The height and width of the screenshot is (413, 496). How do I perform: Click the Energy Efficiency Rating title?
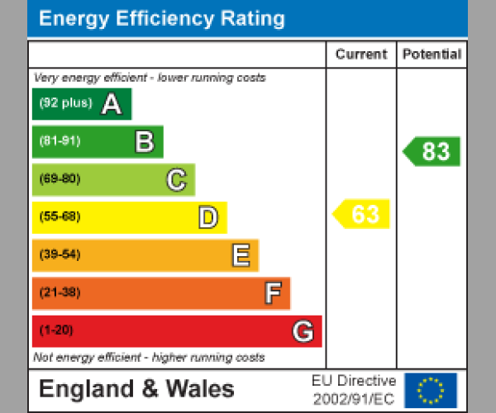pos(162,19)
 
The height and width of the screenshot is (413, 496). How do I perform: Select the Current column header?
pos(361,55)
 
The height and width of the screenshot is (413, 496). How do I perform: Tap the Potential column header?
pos(432,55)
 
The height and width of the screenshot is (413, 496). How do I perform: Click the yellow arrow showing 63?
pos(362,214)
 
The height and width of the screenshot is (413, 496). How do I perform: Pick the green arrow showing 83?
pos(432,151)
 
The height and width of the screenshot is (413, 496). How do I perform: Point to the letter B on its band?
pos(144,142)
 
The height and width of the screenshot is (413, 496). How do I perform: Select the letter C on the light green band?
pos(176,179)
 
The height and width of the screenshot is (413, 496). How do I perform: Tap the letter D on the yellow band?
pos(207,217)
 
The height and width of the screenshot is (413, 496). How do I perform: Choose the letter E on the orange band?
pos(240,255)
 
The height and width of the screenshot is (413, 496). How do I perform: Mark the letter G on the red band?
pos(303,331)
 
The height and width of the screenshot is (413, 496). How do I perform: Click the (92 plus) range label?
pos(65,104)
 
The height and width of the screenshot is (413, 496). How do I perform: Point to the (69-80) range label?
pos(60,179)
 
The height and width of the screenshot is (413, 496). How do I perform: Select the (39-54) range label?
pos(60,255)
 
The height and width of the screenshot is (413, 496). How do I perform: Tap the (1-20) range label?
pos(57,331)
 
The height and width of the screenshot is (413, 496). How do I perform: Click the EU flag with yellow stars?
pos(430,390)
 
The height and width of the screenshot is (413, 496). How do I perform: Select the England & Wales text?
pos(136,389)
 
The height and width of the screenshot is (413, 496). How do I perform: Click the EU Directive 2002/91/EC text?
pos(354,390)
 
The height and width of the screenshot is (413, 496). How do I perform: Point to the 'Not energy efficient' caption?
pos(149,358)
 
